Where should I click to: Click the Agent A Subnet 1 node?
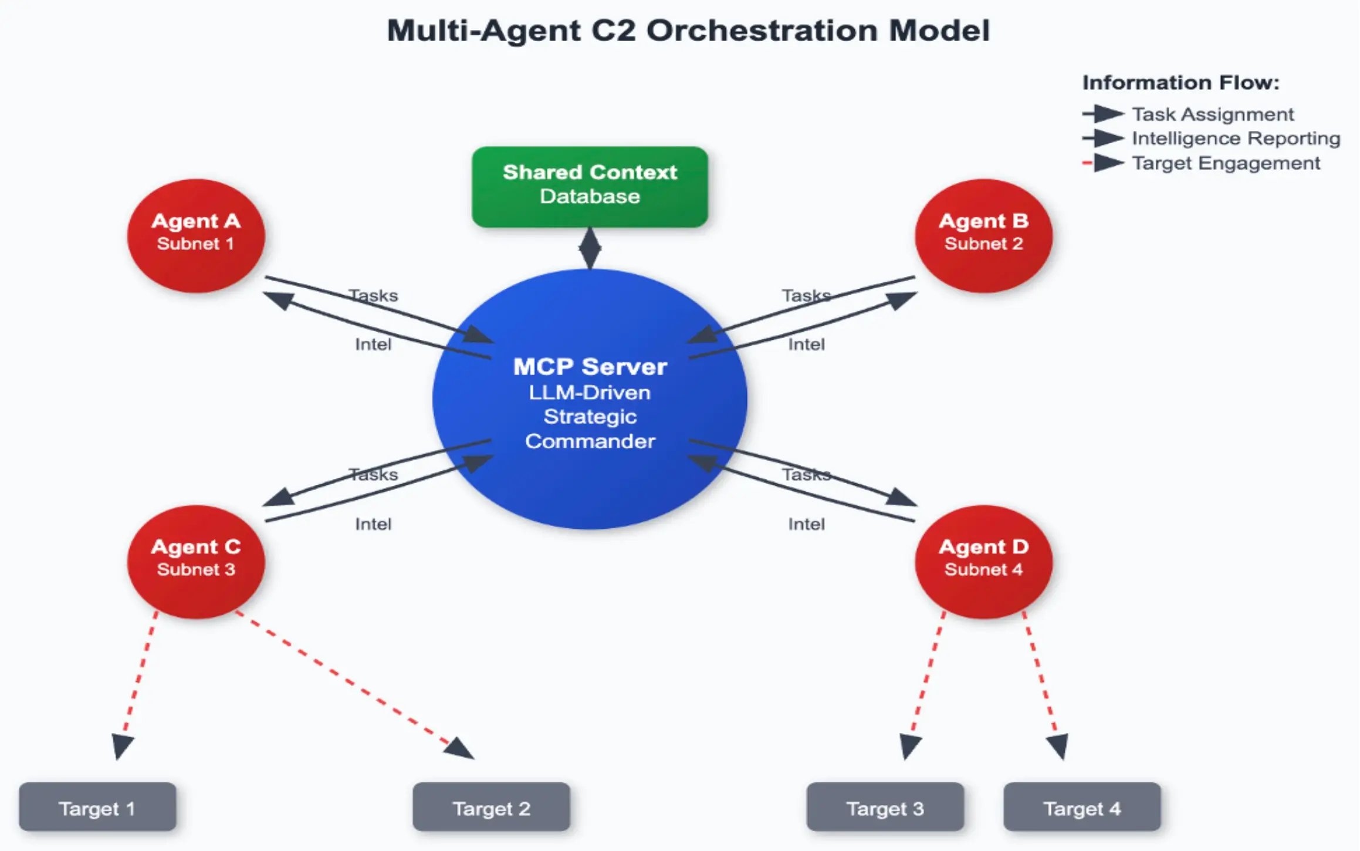196,235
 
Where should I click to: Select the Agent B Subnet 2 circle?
984,235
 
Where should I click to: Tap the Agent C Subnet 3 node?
196,562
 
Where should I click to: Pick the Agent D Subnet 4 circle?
984,562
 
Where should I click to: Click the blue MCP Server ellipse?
590,399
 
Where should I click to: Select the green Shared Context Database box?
590,187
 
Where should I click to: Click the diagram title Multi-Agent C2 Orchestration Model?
688,31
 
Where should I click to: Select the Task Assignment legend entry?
1188,114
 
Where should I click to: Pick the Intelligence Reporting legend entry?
1212,139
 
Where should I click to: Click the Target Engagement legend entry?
1201,163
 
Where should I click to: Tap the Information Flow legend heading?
1180,83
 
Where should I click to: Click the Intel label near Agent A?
373,344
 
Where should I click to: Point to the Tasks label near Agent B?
806,295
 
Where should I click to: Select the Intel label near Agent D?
806,524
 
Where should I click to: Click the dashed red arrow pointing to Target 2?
354,685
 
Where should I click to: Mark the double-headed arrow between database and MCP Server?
590,248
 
